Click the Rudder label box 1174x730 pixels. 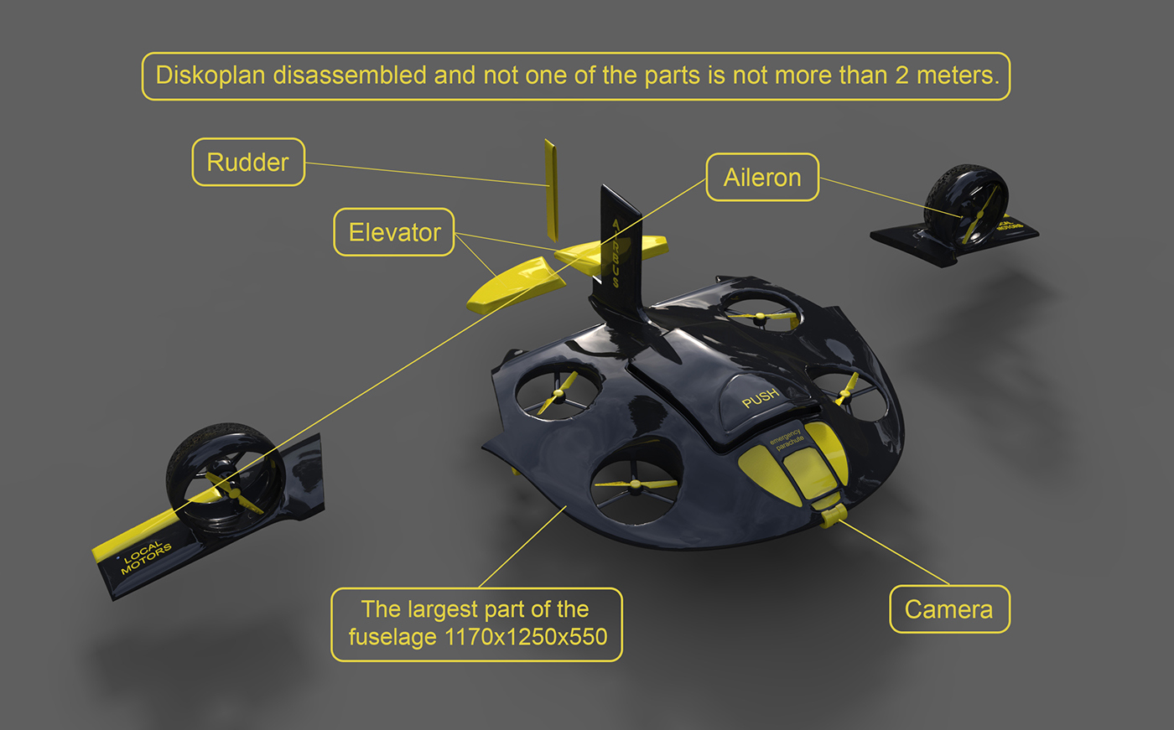(x=248, y=162)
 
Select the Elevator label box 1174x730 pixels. (x=394, y=232)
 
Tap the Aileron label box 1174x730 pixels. (x=762, y=177)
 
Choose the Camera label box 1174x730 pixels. (x=948, y=609)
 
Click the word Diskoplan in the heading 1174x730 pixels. (x=211, y=75)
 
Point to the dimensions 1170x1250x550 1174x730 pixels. (x=526, y=637)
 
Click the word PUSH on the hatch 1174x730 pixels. (x=760, y=397)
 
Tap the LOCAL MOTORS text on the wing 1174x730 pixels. (x=146, y=557)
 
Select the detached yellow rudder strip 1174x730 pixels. (x=550, y=189)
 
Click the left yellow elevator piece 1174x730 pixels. (x=516, y=286)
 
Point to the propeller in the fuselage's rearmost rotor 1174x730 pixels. (x=761, y=317)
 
